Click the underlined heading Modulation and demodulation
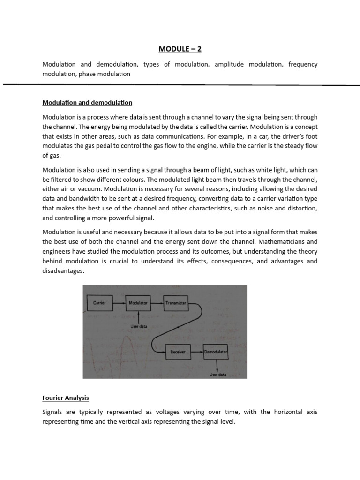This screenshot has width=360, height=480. (87, 102)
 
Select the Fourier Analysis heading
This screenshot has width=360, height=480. (65, 398)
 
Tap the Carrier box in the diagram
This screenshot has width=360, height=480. (99, 303)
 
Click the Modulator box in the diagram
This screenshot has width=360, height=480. (138, 303)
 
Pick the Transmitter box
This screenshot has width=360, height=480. (176, 303)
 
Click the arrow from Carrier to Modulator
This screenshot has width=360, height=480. (119, 303)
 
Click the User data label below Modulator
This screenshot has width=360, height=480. (138, 326)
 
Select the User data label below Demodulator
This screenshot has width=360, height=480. (217, 375)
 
